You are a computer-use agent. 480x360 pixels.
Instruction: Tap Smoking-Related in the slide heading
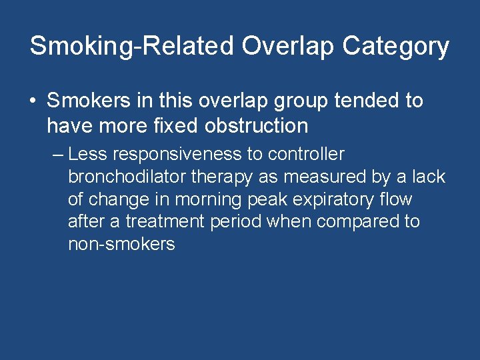[x=131, y=47]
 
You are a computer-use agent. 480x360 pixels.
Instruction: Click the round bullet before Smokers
[x=33, y=101]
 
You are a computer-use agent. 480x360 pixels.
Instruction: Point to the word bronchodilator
[x=127, y=177]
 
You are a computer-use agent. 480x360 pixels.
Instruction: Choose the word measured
[x=325, y=177]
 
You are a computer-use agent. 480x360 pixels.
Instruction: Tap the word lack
[x=429, y=177]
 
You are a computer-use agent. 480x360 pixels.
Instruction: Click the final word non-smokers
[x=121, y=244]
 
